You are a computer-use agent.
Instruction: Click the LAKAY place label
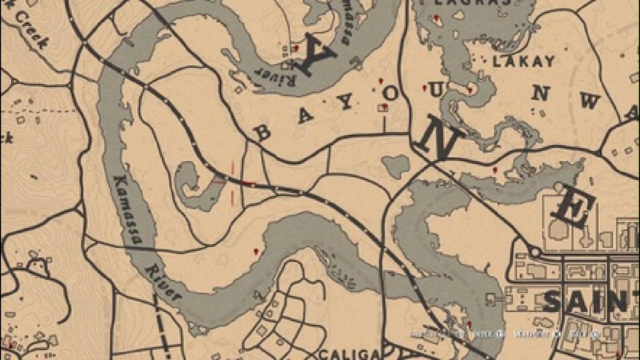[x=523, y=61]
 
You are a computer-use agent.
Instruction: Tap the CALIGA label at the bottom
[x=349, y=354]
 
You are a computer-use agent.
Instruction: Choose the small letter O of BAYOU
[x=391, y=93]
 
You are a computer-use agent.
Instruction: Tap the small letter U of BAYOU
[x=436, y=89]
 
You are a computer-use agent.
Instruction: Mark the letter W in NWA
[x=589, y=101]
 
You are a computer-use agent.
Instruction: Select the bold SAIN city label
[x=585, y=302]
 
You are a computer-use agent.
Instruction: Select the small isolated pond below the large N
[x=395, y=165]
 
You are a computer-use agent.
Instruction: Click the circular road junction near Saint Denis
[x=534, y=251]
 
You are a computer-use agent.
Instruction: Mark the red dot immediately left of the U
[x=424, y=88]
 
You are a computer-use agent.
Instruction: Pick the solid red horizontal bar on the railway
[x=246, y=183]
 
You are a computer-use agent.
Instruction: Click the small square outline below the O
[x=384, y=107]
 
